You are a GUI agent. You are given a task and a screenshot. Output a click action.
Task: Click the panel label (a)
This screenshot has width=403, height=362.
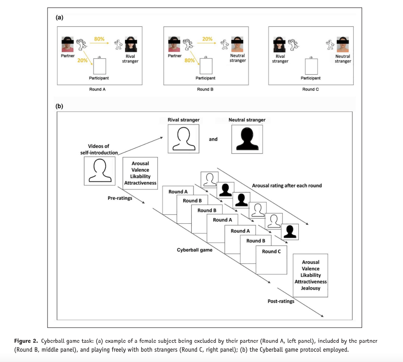coord(59,17)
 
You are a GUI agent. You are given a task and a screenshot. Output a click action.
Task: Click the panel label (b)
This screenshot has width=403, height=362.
coord(59,106)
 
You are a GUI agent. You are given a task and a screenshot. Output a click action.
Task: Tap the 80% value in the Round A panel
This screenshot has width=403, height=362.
coord(99,39)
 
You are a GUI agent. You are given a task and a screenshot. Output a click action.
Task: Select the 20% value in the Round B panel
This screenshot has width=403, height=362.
coord(207,39)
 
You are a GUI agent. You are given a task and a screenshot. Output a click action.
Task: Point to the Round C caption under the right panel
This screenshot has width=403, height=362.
coord(310,89)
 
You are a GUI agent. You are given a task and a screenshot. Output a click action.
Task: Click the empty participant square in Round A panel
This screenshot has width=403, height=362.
coord(100,66)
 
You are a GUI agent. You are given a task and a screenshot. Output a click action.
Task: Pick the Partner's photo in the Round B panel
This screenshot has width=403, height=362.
coord(174,45)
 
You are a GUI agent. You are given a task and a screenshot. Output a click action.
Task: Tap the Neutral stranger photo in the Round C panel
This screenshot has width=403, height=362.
coord(343,45)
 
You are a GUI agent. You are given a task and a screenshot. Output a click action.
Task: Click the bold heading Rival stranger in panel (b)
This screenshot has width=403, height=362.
coord(183,120)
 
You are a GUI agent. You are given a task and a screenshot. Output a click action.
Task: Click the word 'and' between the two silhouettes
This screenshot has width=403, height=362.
coord(213,139)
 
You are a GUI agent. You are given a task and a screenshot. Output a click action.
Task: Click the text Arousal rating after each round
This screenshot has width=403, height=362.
coord(287,186)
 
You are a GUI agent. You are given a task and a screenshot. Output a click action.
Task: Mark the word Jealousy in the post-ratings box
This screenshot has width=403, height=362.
coord(310,288)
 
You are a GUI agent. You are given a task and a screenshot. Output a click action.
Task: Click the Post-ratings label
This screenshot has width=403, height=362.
coord(281,301)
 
